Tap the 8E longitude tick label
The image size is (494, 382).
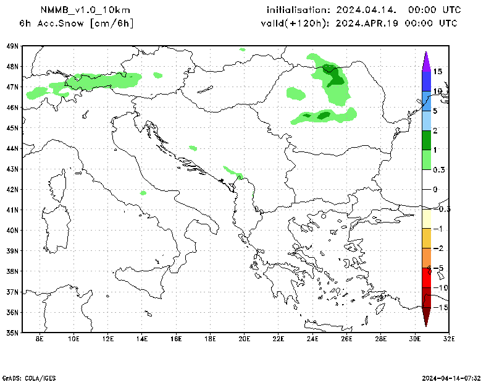[x=40, y=339]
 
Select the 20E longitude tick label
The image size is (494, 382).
[x=244, y=339]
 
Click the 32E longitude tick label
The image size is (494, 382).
[x=449, y=339]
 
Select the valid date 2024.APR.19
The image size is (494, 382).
[x=366, y=23]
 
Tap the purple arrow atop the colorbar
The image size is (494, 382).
[x=425, y=61]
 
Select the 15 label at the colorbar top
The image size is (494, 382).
[x=437, y=72]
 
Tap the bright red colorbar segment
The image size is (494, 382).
[x=425, y=278]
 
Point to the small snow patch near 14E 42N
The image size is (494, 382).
[x=143, y=193]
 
